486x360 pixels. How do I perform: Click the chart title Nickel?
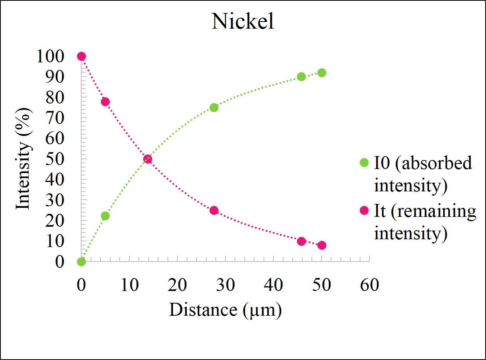[243, 22]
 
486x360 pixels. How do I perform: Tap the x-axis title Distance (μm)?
[225, 310]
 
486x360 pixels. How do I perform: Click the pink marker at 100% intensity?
[81, 56]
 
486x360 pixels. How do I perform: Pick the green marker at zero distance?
[81, 262]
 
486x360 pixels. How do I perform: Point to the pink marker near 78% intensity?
[105, 102]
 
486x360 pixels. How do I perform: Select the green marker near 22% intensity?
[105, 216]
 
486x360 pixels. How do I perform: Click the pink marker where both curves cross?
[147, 159]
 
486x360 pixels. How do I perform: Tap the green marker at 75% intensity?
[214, 108]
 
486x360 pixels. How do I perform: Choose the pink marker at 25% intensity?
[214, 211]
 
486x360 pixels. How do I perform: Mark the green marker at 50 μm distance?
[322, 73]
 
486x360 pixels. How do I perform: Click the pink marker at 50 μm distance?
[322, 245]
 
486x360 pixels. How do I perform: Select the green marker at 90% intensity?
[301, 77]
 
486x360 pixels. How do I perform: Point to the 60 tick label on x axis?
[370, 285]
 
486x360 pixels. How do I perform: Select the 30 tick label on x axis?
[225, 285]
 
